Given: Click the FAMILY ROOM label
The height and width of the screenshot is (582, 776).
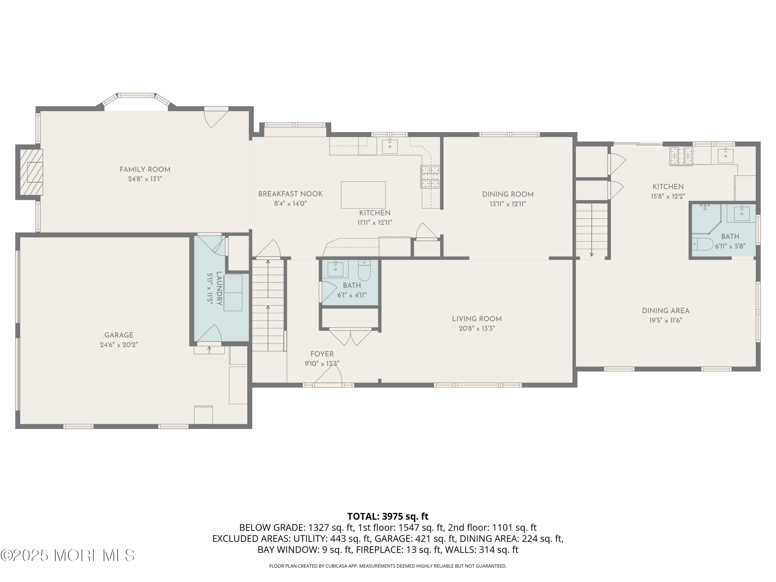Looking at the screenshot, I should pos(145,169).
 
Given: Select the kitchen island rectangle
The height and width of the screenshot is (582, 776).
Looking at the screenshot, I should pos(363,195).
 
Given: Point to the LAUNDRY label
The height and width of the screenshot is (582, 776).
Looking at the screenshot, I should pos(219,288).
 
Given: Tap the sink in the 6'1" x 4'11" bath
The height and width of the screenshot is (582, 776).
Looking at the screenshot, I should pos(336,269).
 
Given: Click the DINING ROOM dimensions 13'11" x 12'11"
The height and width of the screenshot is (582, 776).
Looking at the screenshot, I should pos(508,204).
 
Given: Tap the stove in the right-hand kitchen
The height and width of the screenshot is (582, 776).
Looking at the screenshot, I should pos(681,156).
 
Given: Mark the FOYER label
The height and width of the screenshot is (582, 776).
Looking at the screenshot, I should pos(322,354).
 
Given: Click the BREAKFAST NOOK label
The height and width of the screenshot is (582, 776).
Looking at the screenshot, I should pos(290,194).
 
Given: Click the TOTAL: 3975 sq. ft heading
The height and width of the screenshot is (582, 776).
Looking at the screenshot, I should pos(388,516).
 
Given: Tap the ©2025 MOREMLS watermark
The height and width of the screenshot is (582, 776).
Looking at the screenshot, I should pos(67,555).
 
